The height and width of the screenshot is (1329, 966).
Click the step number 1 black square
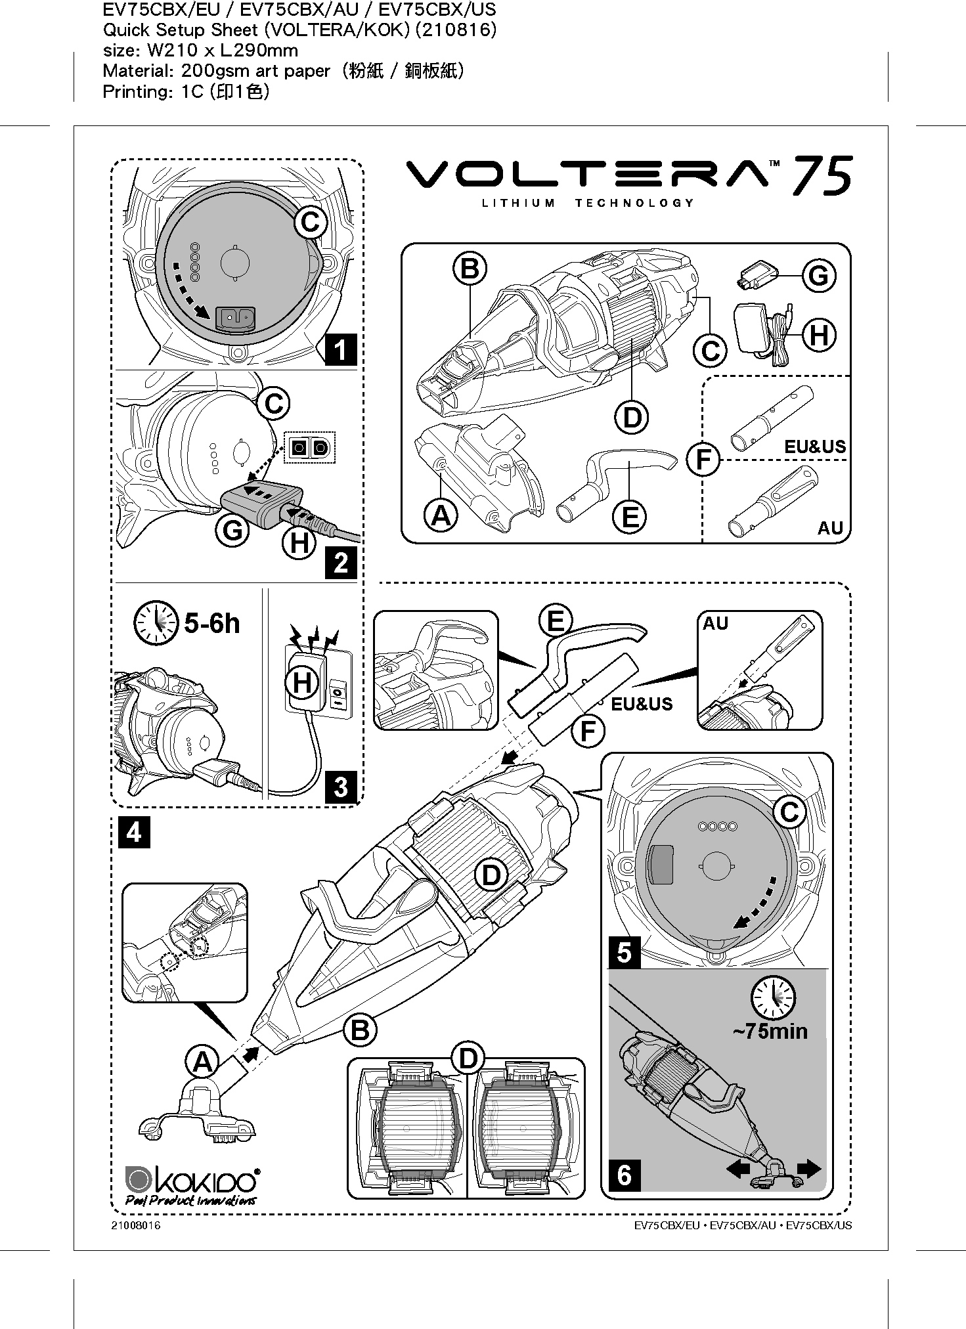click(341, 349)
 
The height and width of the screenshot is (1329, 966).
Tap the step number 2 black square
click(341, 562)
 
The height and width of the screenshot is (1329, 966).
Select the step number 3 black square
click(341, 786)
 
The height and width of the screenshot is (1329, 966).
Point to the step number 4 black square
click(134, 832)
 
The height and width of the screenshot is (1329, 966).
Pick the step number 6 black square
click(625, 1174)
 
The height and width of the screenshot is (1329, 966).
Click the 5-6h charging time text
click(212, 623)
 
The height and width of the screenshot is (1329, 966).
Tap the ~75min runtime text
click(770, 1030)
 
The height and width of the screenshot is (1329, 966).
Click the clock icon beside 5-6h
click(156, 622)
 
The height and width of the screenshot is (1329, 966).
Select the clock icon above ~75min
click(773, 998)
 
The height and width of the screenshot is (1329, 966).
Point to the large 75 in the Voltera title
click(822, 176)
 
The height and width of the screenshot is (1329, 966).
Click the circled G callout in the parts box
click(818, 276)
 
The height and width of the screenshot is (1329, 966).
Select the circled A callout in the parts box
click(441, 515)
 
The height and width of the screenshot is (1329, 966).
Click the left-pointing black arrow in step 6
click(738, 1168)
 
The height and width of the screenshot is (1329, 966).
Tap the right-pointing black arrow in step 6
click(808, 1168)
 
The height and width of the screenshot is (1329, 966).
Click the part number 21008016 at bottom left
click(136, 1226)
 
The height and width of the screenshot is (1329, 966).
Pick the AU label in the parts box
click(830, 528)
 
